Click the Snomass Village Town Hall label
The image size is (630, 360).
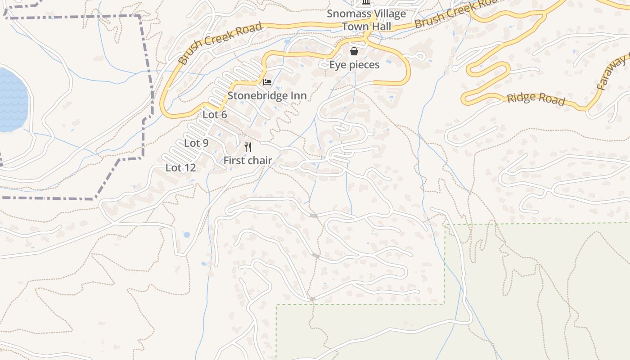point(366,20)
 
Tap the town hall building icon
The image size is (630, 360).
point(366,3)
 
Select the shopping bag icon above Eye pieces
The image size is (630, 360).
point(354,51)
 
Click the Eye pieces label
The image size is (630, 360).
point(354,65)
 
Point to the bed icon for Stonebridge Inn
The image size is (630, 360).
point(267,82)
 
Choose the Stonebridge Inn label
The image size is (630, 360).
point(267,95)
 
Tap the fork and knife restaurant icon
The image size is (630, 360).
point(247,147)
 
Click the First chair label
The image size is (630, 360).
point(247,160)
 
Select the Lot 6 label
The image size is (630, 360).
point(215,115)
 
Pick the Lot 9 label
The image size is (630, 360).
point(196,143)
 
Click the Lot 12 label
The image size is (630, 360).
point(180,168)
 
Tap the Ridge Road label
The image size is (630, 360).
point(535,99)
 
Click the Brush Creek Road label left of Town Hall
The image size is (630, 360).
point(220,44)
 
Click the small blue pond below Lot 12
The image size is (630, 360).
point(187,235)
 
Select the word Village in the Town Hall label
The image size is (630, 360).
point(388,13)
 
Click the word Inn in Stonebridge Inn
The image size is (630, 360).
point(298,95)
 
